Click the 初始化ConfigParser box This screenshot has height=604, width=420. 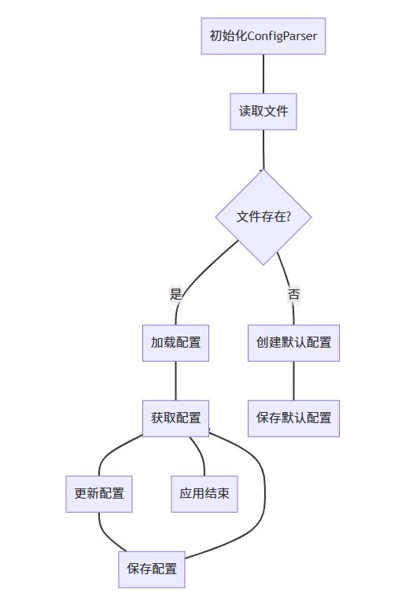(x=263, y=36)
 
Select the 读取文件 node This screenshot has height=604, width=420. (x=263, y=112)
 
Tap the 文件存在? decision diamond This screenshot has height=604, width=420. (x=263, y=217)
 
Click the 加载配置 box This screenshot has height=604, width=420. (x=175, y=343)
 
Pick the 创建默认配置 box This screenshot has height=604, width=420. (x=293, y=343)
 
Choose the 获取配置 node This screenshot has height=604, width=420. (x=175, y=418)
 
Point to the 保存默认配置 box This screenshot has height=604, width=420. (x=293, y=418)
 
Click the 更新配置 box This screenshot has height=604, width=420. (x=99, y=494)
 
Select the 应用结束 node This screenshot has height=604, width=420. (x=204, y=494)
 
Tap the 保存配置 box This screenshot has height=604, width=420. (x=152, y=569)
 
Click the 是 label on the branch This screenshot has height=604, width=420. (x=175, y=293)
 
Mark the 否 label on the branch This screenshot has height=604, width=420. (x=293, y=295)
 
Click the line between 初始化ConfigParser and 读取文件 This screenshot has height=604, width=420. (x=263, y=74)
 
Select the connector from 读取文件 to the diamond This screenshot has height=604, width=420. (x=263, y=149)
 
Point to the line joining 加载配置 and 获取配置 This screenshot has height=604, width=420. (x=175, y=381)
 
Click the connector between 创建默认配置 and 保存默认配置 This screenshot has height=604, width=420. (x=293, y=381)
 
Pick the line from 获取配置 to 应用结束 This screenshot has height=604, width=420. (x=200, y=455)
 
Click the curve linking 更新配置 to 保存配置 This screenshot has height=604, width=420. (x=106, y=536)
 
